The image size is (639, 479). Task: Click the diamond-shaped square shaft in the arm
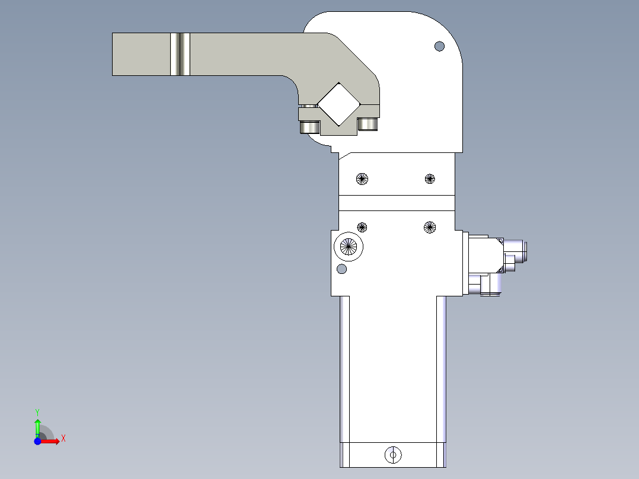tap(338, 104)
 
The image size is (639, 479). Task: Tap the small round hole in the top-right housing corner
tap(439, 46)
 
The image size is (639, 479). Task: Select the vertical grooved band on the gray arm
tap(180, 54)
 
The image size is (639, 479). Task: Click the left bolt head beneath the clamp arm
tap(309, 127)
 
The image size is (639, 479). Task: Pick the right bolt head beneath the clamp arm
tap(368, 124)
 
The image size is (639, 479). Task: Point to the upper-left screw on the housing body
tap(362, 178)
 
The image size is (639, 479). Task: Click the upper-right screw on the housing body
tap(430, 178)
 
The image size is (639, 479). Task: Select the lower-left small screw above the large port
tap(362, 227)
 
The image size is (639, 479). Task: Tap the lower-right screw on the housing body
tap(430, 227)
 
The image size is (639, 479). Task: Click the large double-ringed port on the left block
tap(349, 246)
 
